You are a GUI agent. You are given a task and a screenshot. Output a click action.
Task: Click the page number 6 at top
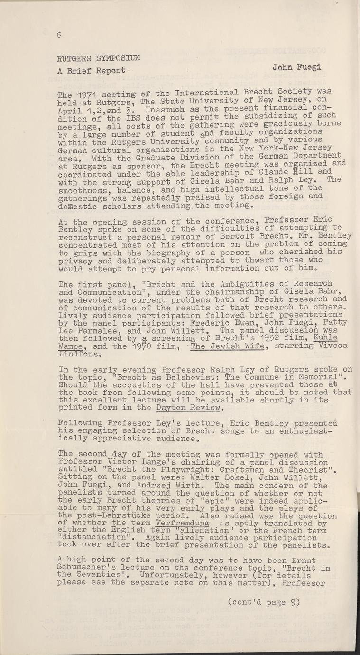(59, 34)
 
